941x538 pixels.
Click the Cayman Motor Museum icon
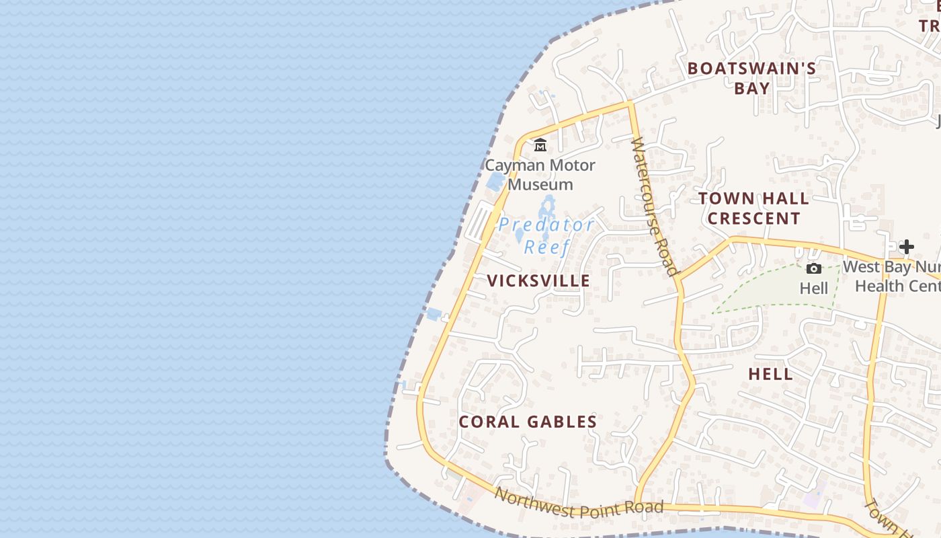(x=540, y=145)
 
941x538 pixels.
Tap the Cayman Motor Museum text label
(x=540, y=175)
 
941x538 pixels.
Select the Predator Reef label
(x=546, y=235)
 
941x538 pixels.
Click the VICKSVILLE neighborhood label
(x=538, y=281)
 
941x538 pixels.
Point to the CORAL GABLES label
(x=528, y=422)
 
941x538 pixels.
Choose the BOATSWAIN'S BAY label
(x=751, y=78)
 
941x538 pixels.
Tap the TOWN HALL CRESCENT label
(x=753, y=208)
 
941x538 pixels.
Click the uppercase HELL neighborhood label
(x=770, y=375)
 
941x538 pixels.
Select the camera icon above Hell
(x=813, y=269)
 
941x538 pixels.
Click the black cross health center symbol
(x=906, y=247)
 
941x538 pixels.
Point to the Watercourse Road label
(x=653, y=207)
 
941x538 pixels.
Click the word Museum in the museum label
(x=540, y=185)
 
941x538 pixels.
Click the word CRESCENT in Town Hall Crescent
(x=753, y=219)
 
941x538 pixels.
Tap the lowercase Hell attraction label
(x=813, y=289)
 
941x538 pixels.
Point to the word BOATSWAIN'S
(x=751, y=69)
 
